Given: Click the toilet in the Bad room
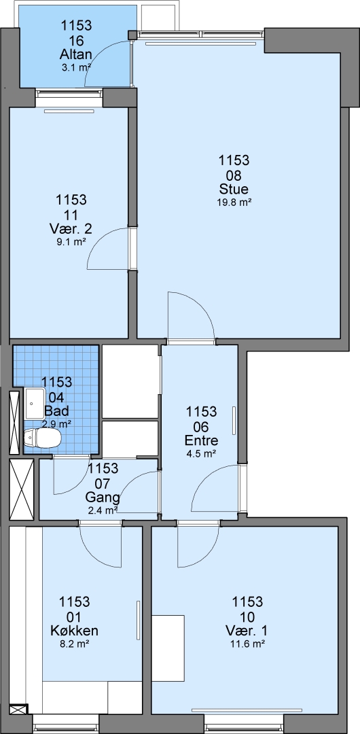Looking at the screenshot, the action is tap(43, 438).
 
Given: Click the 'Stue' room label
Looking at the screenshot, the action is tap(234, 189).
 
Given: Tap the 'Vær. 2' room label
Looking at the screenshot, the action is tap(71, 229).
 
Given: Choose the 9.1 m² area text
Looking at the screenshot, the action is tap(71, 242).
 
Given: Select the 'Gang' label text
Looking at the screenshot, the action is tap(103, 497).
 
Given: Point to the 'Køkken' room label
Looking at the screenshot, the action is tap(74, 630).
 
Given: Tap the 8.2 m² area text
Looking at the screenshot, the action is tap(74, 643).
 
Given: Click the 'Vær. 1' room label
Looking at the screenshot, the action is tap(248, 630).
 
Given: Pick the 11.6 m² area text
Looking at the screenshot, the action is tap(248, 643).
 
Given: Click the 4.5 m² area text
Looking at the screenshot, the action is tap(201, 453).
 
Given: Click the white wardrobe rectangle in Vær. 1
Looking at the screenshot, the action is tap(168, 648).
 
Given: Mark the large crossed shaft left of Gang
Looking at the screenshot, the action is tap(22, 489).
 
